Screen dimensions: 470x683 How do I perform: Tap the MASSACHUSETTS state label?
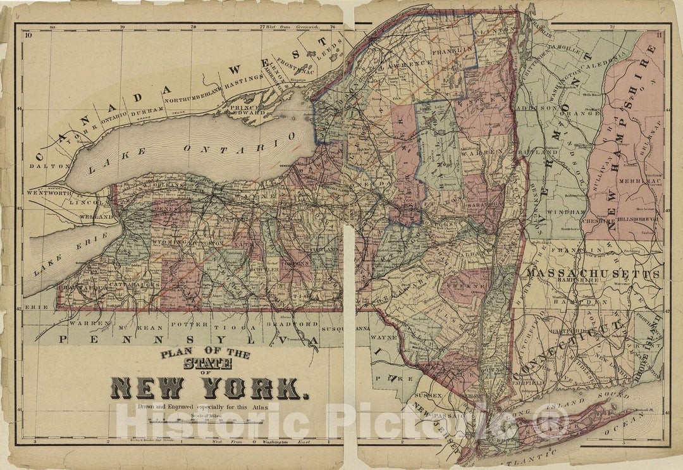[593, 274]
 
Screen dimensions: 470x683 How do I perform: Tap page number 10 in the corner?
[28, 35]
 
